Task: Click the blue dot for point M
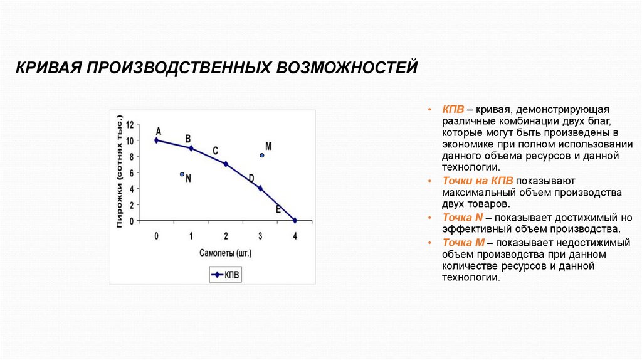tap(262, 155)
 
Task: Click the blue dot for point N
tap(182, 174)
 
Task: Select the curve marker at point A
tap(156, 140)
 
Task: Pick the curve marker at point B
tap(191, 148)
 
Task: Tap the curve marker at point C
tap(226, 164)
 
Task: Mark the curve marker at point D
tap(260, 188)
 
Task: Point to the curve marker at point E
tap(295, 220)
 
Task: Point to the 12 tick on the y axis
tap(130, 124)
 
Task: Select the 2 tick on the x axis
tap(226, 235)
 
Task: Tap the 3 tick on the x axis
tap(260, 235)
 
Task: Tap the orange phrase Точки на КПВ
tap(478, 180)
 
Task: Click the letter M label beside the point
tap(268, 146)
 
